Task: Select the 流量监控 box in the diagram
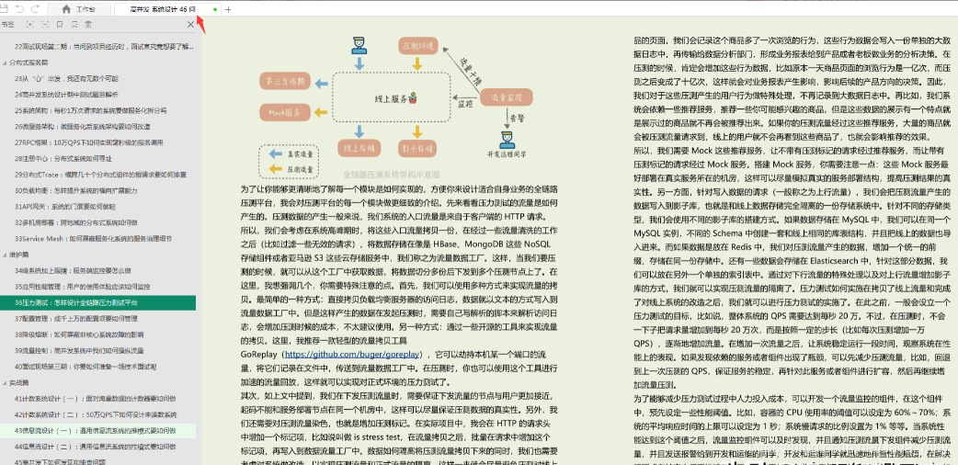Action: (x=507, y=96)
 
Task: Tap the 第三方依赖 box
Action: (x=286, y=81)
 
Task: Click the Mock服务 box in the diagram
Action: (x=286, y=112)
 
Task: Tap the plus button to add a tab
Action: (x=228, y=8)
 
